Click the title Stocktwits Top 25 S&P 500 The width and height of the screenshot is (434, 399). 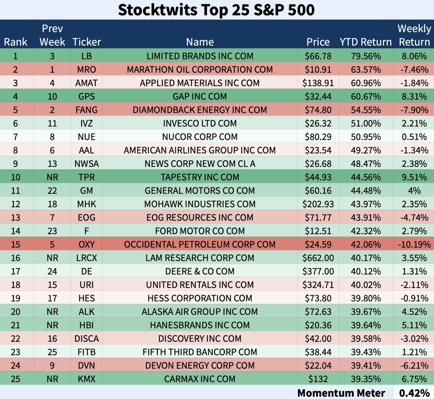216,10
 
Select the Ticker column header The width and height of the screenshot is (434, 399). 86,42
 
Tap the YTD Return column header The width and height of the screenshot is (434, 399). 365,42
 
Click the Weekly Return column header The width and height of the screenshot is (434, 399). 414,35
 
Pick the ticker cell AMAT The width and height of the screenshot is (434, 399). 86,83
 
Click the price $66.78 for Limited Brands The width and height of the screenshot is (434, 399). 318,56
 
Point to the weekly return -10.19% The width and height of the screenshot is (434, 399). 414,245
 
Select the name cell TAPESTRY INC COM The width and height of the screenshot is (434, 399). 200,177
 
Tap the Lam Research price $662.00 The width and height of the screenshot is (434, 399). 318,258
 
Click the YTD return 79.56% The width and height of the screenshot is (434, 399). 365,56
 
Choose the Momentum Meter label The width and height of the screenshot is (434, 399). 341,393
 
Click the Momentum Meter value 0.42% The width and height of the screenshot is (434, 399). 414,393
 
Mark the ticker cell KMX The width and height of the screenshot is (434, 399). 86,379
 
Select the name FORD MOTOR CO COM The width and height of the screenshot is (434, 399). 200,231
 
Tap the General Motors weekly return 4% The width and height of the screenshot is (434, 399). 414,191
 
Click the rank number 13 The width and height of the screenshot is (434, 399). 16,218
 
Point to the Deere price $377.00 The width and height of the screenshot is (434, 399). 318,271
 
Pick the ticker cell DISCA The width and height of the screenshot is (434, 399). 86,339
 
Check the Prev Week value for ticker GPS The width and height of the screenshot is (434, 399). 52,97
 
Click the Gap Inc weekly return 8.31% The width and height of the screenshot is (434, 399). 414,97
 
